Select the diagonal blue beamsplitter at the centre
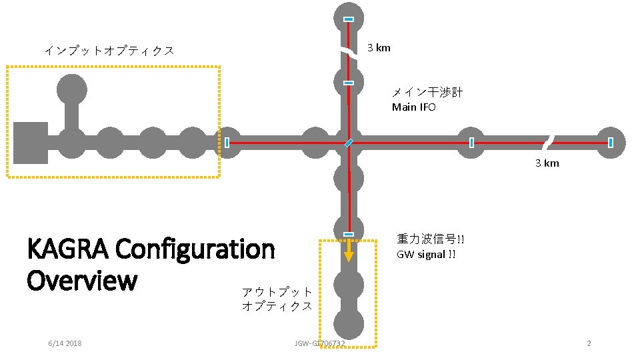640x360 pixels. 349,142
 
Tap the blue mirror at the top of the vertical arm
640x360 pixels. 348,19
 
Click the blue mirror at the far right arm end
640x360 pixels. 611,142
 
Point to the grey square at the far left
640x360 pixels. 31,143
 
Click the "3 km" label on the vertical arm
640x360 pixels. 379,48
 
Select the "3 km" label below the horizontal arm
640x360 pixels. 547,163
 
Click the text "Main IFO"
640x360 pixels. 413,107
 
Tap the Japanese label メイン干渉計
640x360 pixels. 427,93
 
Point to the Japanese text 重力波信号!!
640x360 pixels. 431,239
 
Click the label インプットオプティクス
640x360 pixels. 109,51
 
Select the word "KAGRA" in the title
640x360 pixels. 67,250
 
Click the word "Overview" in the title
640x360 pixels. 81,281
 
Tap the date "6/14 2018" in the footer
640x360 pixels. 65,343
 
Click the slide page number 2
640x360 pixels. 589,343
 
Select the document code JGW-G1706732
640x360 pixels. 319,343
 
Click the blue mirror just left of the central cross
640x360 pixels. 227,142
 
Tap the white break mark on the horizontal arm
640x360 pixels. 548,142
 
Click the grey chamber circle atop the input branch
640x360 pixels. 72,89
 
